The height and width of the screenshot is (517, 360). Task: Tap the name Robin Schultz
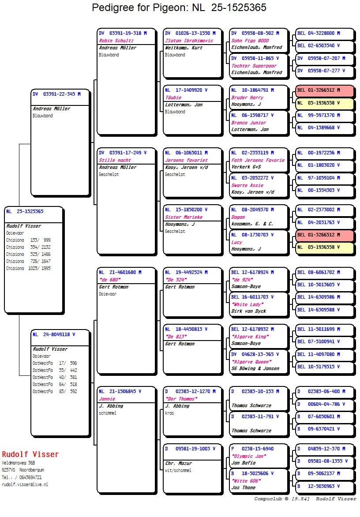pos(116,41)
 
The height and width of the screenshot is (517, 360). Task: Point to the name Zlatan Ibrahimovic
pos(189,41)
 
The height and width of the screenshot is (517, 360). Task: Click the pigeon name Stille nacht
pos(115,160)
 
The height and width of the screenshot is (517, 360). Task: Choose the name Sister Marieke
pos(184,217)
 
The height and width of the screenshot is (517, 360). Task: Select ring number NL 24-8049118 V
pos(54,334)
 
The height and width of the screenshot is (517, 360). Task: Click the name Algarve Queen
pos(251,362)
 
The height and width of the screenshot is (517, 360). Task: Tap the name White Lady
pos(247,304)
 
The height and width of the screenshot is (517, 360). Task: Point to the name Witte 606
pos(246,481)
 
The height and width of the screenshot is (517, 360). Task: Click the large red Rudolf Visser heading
pos(30,454)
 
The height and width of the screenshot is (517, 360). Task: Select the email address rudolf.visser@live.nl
pos(25,484)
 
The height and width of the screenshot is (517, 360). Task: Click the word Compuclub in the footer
pos(268,499)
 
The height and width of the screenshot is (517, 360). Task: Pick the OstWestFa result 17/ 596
pos(67,363)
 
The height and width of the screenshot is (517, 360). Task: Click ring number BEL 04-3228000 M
pos(319,33)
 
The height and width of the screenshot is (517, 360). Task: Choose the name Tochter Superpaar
pos(254,66)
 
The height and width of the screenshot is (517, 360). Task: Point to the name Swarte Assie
pos(247,185)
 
